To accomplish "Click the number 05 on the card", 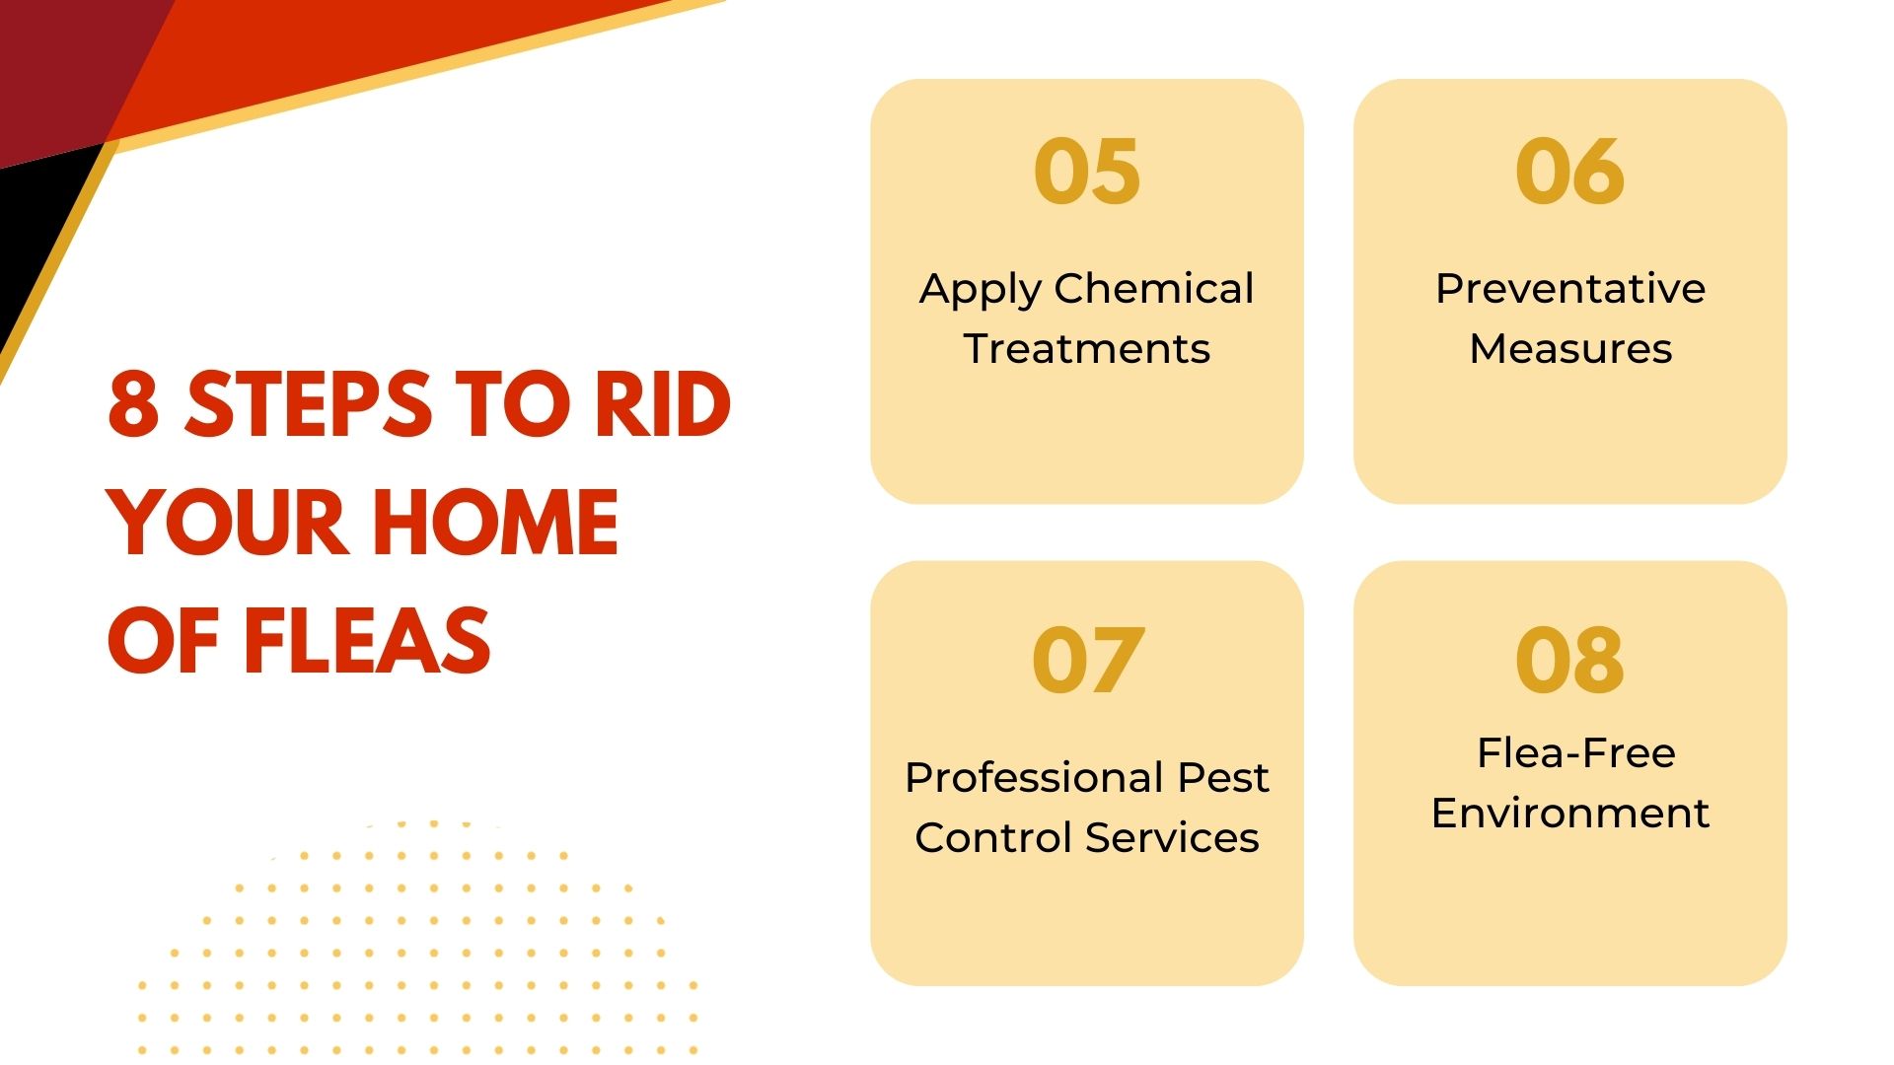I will tap(1086, 172).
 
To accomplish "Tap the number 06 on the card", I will tap(1569, 172).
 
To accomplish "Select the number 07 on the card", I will tap(1087, 660).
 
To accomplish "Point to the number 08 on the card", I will tap(1569, 660).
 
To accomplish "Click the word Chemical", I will tap(1153, 289).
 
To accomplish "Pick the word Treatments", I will tap(1086, 349).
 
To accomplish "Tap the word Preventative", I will tap(1569, 289).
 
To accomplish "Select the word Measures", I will tap(1569, 349).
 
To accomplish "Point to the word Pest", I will tap(1223, 778).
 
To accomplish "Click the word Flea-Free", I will tap(1575, 753).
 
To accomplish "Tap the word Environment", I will tap(1569, 814).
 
